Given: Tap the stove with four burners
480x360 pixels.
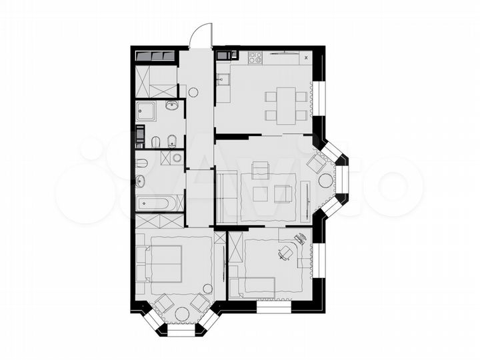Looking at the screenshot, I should [x=255, y=57].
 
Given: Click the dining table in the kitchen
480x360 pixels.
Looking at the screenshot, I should [x=286, y=105].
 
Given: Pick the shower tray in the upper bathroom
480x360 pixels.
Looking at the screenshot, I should [x=145, y=112].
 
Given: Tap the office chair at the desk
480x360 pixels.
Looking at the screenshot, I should [x=285, y=252].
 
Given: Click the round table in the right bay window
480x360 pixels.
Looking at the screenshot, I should [x=325, y=180].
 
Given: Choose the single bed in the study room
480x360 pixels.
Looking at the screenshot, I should [x=252, y=287].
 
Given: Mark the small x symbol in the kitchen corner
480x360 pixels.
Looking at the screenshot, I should [x=306, y=58].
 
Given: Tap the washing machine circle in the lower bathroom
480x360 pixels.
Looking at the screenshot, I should [x=177, y=157].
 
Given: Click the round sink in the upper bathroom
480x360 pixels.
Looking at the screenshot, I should [x=171, y=105].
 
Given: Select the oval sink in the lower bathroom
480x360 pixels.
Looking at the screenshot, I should [x=141, y=181].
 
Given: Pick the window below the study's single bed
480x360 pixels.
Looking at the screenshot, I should [x=273, y=308].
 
